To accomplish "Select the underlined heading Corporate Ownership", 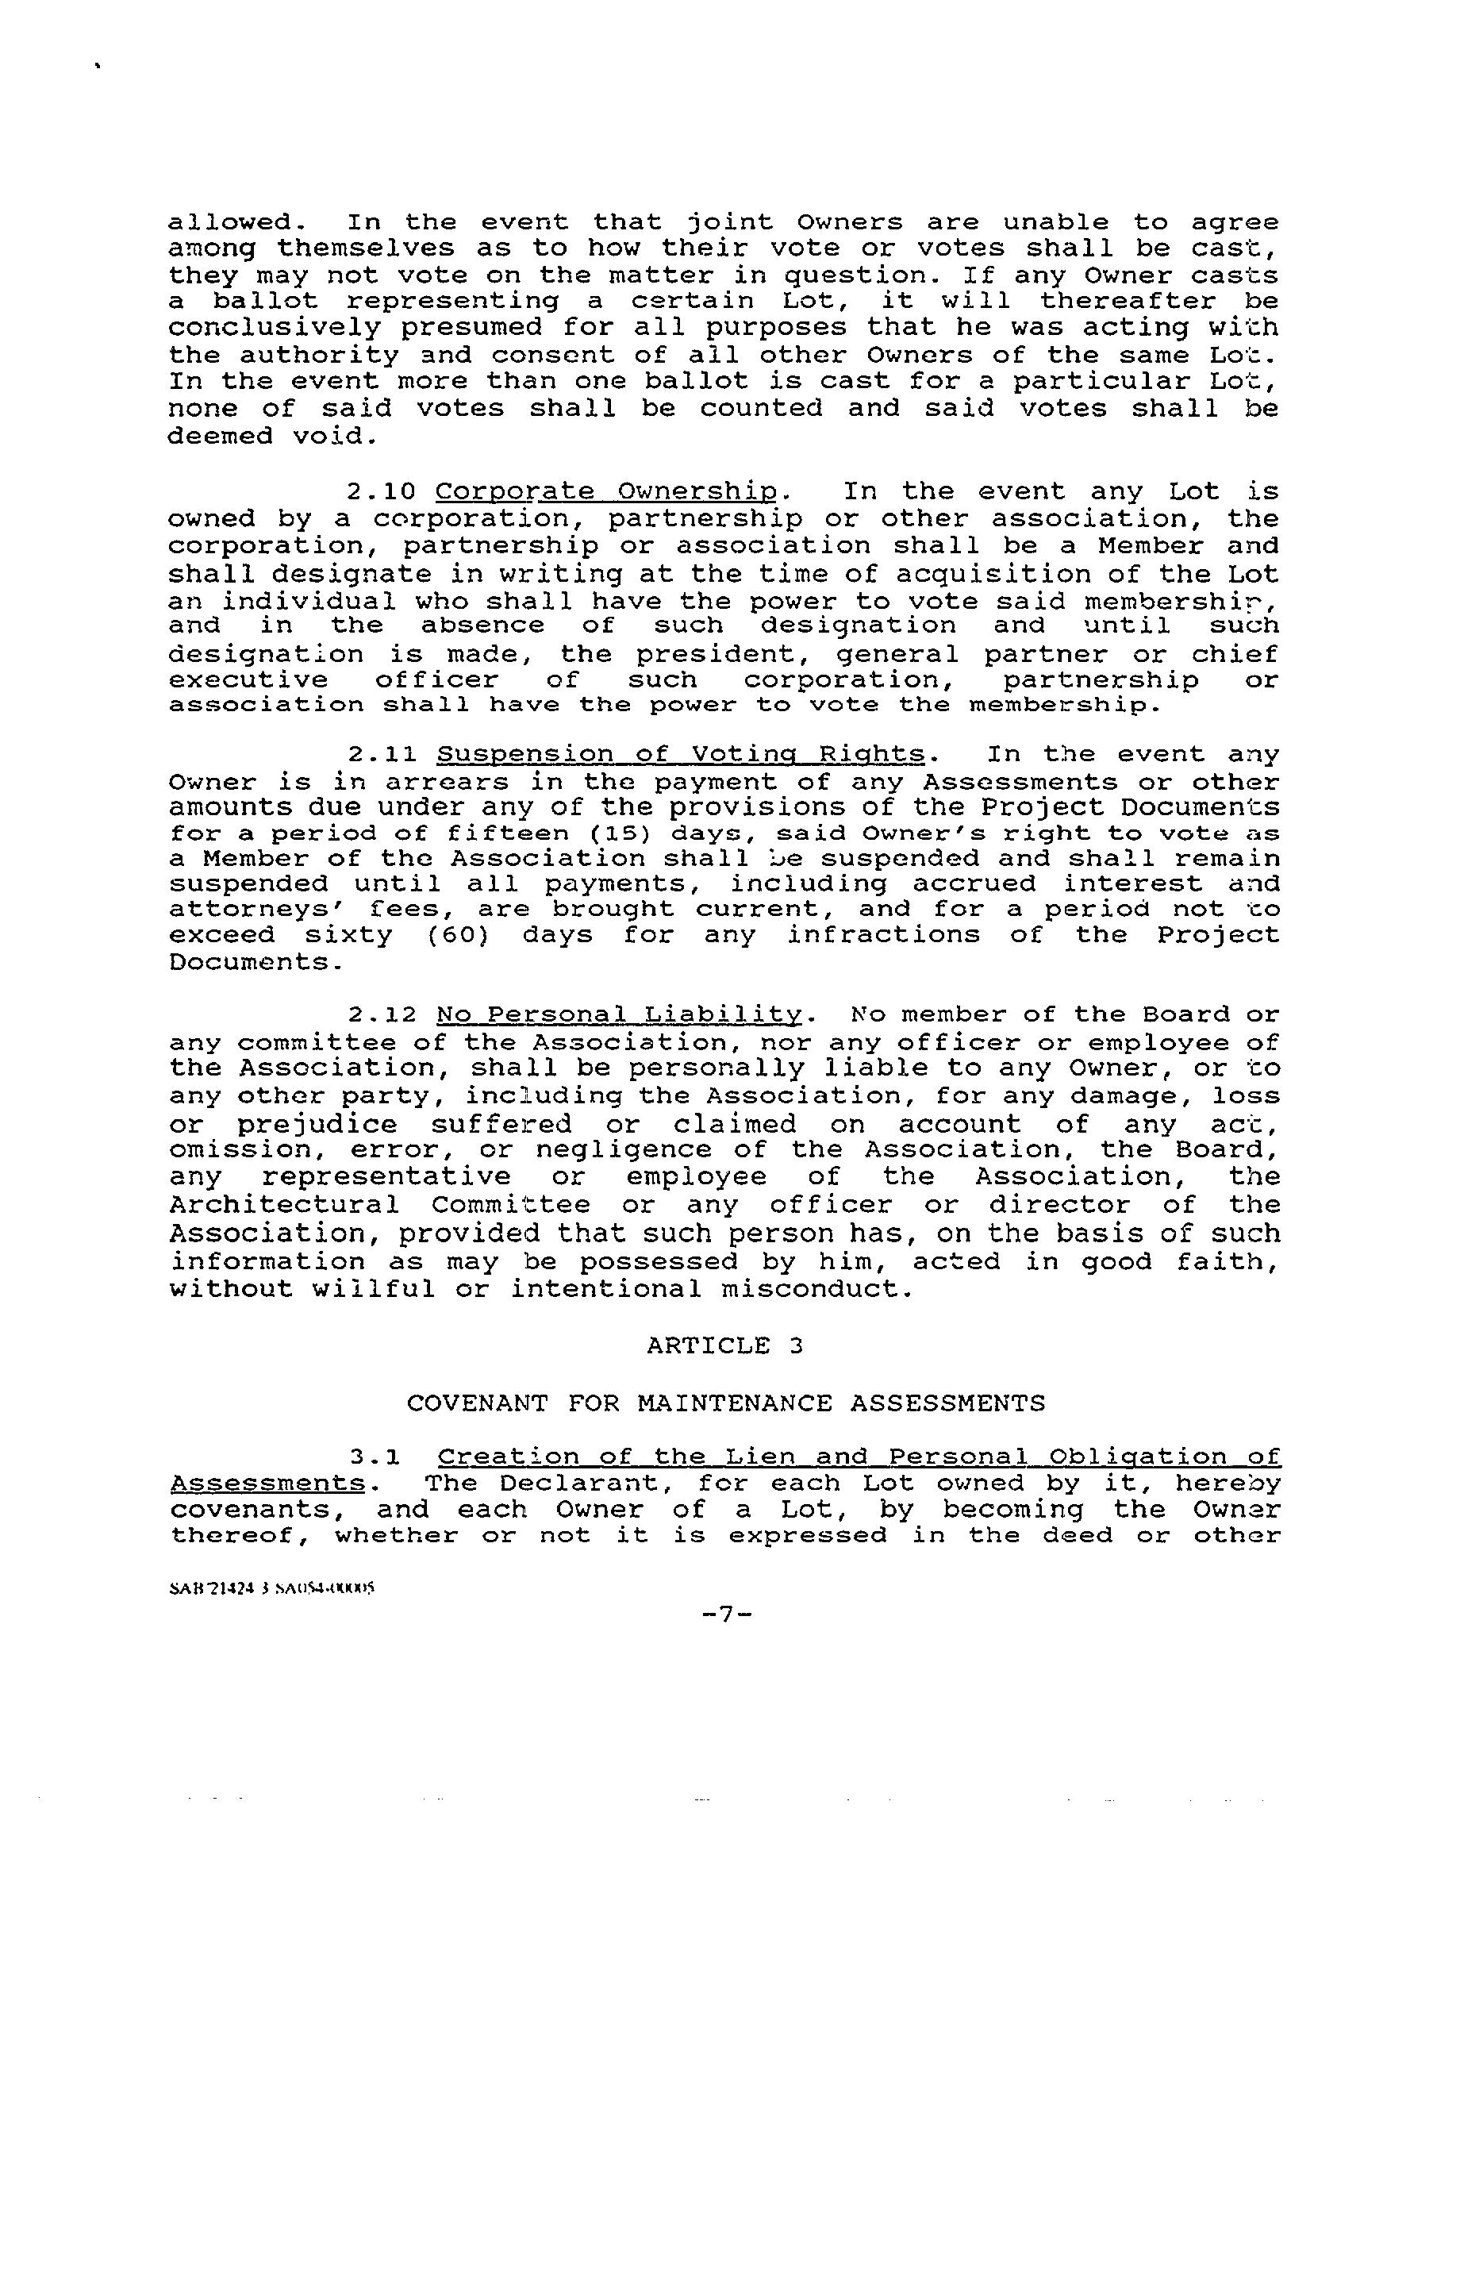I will click(x=608, y=493).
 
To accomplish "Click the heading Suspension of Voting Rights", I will click(x=681, y=756).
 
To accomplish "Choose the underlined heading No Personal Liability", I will click(x=620, y=1016).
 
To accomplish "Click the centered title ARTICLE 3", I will click(x=725, y=1346).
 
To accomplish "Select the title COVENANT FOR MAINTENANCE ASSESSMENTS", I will click(x=725, y=1403).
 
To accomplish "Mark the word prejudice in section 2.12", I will click(x=317, y=1126).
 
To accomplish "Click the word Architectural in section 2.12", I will click(x=284, y=1206).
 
